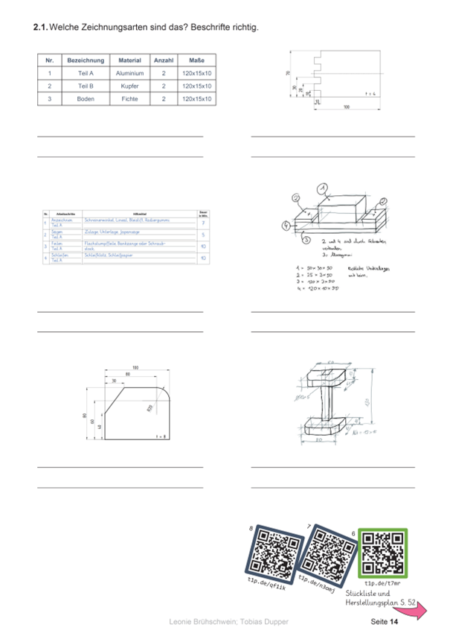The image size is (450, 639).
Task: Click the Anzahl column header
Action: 163,60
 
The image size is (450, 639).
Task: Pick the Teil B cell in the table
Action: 85,86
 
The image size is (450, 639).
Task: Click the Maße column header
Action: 196,60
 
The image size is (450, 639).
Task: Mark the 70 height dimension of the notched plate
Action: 288,74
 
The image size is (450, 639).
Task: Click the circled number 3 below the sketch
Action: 306,240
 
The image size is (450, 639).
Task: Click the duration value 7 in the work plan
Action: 203,223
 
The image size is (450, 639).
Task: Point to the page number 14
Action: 393,621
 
